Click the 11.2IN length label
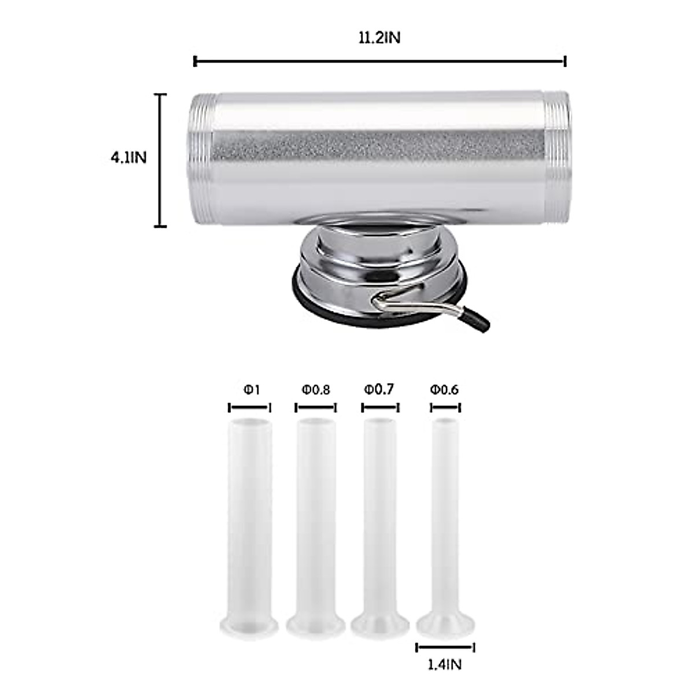(x=379, y=38)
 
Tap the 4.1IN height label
(x=129, y=158)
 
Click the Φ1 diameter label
(x=251, y=390)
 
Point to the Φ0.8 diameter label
(x=316, y=390)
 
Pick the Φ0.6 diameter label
(x=444, y=390)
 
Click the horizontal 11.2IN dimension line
(x=379, y=61)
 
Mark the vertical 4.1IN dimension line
(x=161, y=160)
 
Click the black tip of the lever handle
(x=478, y=319)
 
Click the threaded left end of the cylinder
(x=200, y=158)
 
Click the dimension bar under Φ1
(x=250, y=408)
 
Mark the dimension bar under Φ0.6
(x=445, y=408)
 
